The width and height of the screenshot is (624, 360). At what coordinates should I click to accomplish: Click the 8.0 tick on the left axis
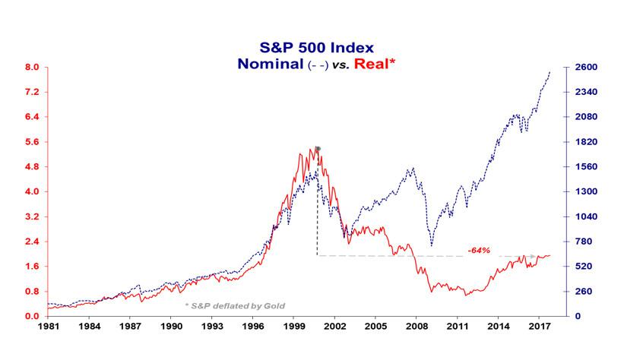(33, 68)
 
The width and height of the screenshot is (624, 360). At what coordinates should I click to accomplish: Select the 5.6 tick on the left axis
(33, 142)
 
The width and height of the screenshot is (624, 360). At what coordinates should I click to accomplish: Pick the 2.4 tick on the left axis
(33, 242)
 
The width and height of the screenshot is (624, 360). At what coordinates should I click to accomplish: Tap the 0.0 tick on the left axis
(33, 316)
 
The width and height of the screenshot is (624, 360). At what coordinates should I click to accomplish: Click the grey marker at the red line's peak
(318, 149)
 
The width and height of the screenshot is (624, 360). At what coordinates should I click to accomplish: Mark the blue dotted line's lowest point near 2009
(432, 245)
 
